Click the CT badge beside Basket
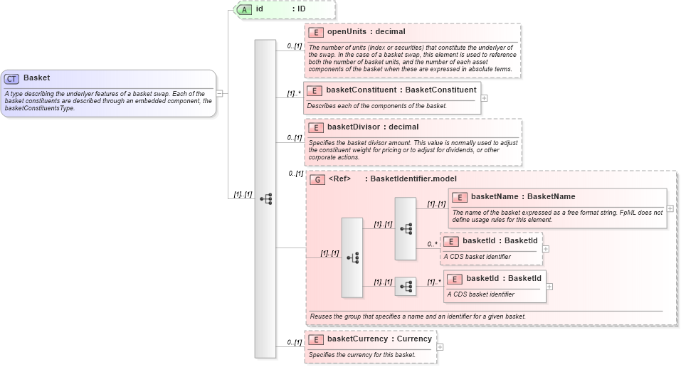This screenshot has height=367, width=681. point(12,79)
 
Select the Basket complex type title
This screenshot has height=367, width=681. point(36,78)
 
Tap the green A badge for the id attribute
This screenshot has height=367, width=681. point(244,9)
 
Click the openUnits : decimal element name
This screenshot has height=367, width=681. point(366,32)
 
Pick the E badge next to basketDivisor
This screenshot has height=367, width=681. point(316,127)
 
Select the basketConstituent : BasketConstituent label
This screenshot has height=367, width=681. point(401,90)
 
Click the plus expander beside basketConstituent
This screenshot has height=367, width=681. point(485,97)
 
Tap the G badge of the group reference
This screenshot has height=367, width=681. point(317,179)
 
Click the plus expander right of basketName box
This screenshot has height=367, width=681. point(670,208)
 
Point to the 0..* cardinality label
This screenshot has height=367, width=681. point(431,244)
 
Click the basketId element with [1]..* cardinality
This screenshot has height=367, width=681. point(503,278)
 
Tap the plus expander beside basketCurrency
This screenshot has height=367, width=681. point(440,347)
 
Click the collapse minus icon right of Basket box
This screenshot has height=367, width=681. point(220,93)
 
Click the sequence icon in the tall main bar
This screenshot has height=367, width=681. point(265,199)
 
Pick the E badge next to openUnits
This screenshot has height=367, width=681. point(316,32)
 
